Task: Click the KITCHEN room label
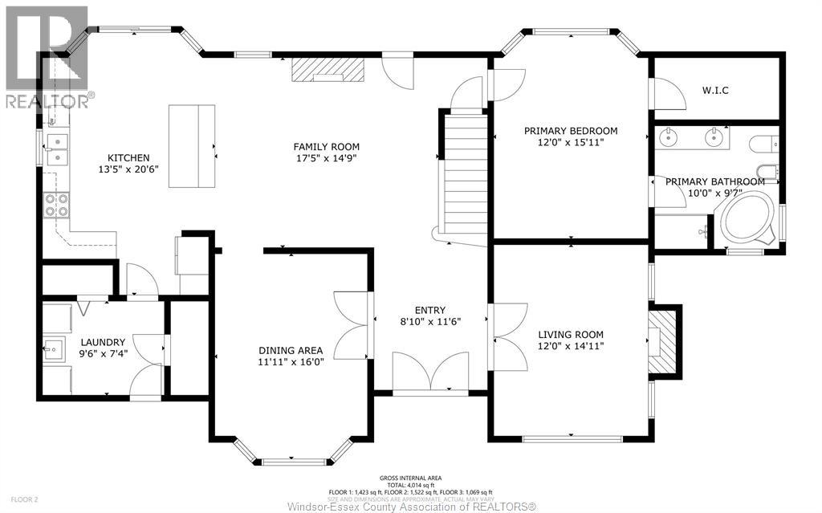pos(129,157)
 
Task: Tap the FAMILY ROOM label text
pos(326,147)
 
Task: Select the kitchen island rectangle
pos(193,146)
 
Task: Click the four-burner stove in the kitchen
pos(56,206)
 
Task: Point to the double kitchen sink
pos(57,149)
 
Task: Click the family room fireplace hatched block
pos(328,70)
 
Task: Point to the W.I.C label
pos(714,90)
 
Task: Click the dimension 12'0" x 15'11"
pos(570,142)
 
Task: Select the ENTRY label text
pos(430,310)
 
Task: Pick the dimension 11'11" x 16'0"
pos(291,361)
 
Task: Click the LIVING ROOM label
pos(570,335)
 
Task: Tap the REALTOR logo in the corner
pos(47,56)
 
